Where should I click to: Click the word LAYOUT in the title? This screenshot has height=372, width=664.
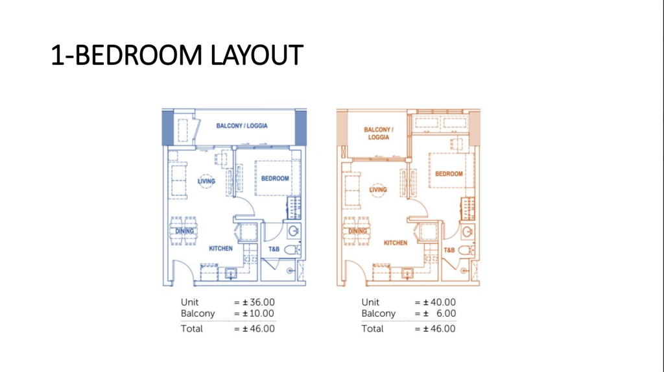pyautogui.click(x=257, y=55)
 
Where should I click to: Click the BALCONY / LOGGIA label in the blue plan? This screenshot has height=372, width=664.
pyautogui.click(x=242, y=126)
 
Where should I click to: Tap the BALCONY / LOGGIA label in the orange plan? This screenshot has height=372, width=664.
pyautogui.click(x=379, y=133)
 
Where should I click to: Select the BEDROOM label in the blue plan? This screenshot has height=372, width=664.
pyautogui.click(x=275, y=179)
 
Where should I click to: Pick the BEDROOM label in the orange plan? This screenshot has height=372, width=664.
pyautogui.click(x=449, y=174)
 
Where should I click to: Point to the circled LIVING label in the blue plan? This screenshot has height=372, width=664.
pyautogui.click(x=206, y=181)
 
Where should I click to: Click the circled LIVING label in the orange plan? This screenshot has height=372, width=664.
pyautogui.click(x=378, y=190)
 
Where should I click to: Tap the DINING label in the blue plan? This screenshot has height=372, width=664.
pyautogui.click(x=185, y=231)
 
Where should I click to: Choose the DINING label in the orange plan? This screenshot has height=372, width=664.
pyautogui.click(x=357, y=231)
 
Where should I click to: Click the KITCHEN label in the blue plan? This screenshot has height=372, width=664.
pyautogui.click(x=220, y=249)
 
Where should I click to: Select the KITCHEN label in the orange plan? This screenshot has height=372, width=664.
pyautogui.click(x=396, y=243)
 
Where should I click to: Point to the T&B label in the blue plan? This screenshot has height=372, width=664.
pyautogui.click(x=274, y=249)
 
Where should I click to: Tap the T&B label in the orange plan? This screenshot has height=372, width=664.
pyautogui.click(x=449, y=250)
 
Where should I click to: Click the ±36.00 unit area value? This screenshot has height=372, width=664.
pyautogui.click(x=258, y=303)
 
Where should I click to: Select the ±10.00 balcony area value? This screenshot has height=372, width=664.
pyautogui.click(x=258, y=314)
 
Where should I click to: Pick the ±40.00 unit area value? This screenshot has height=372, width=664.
pyautogui.click(x=439, y=303)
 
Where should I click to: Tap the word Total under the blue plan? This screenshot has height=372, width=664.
pyautogui.click(x=191, y=329)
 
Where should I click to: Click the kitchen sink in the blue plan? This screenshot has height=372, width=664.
pyautogui.click(x=231, y=273)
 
